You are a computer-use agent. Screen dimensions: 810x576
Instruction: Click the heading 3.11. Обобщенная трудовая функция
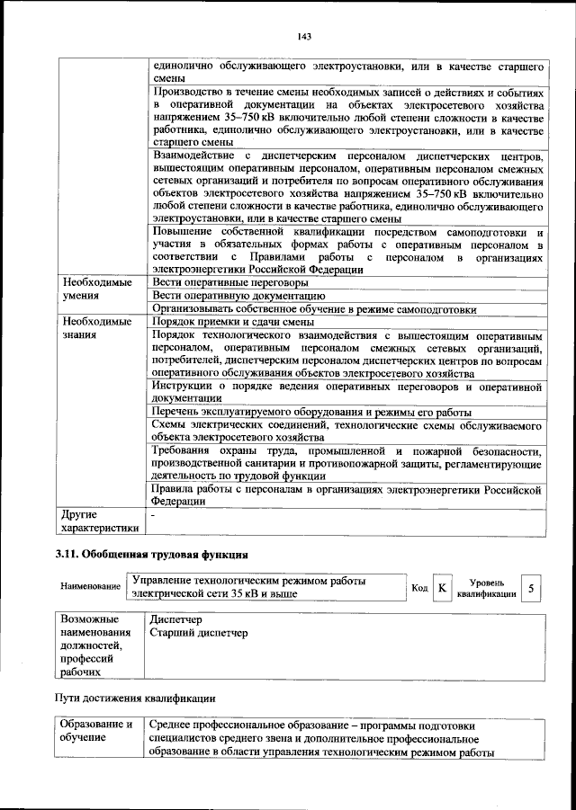[x=150, y=552]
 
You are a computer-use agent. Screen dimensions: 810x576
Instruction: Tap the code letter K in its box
[x=442, y=588]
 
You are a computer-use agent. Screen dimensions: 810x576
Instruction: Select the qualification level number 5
[x=533, y=588]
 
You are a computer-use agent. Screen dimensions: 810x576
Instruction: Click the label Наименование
[x=90, y=587]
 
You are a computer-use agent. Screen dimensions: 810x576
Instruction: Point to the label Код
[x=419, y=588]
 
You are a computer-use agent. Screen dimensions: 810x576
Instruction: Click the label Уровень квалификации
[x=486, y=588]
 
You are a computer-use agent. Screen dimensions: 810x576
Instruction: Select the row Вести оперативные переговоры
[x=230, y=282]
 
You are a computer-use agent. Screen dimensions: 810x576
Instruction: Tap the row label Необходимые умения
[x=97, y=289]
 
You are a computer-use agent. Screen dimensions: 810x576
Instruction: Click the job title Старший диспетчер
[x=198, y=634]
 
